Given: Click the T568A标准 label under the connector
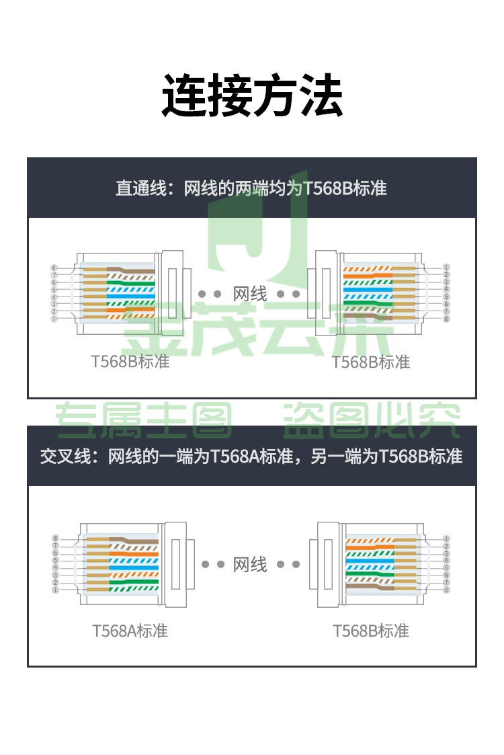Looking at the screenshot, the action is tap(130, 631).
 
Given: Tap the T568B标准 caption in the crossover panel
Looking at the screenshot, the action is tap(371, 631).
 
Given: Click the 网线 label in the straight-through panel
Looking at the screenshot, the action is tap(250, 294).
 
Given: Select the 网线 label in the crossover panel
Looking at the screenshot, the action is tap(250, 564).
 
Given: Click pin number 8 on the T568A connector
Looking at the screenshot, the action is tap(55, 539).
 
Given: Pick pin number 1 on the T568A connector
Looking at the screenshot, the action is tap(55, 590).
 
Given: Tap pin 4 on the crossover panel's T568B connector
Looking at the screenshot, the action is tap(446, 561).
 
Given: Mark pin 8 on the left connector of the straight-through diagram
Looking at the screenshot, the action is tap(54, 267).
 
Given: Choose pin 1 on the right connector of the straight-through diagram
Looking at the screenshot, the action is tap(446, 267).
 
